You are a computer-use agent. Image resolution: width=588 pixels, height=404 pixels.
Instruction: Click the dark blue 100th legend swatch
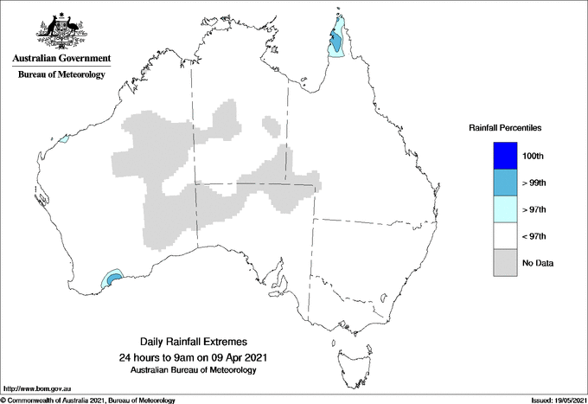tap(505, 155)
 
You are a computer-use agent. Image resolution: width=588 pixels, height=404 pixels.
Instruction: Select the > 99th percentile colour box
tap(505, 182)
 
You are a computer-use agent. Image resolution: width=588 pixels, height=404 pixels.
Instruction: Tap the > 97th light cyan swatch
tap(505, 208)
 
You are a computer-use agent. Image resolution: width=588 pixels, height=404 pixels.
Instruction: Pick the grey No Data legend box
tap(505, 262)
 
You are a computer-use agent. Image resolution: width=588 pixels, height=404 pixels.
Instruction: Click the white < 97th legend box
tap(505, 235)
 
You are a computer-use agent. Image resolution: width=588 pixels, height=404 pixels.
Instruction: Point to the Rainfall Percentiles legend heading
tap(505, 127)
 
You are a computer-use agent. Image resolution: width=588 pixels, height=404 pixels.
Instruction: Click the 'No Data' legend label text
tap(538, 263)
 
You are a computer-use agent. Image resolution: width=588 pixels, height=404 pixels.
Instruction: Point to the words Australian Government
tap(61, 59)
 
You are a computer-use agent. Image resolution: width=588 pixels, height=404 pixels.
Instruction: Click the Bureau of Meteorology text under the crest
tap(61, 74)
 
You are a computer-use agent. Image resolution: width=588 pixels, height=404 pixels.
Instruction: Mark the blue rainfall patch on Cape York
tap(336, 39)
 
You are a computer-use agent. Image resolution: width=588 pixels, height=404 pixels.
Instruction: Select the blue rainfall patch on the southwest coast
tap(112, 279)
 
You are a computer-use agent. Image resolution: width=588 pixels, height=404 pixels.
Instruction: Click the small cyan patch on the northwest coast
tap(62, 139)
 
